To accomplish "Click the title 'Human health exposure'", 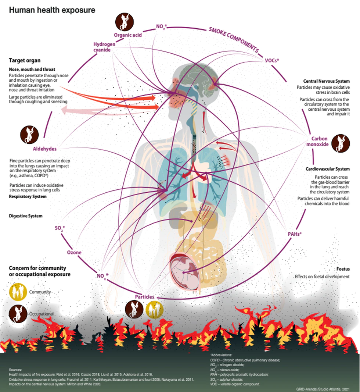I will [52, 10].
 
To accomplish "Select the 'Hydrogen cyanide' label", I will [104, 47].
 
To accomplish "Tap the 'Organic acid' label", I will [127, 35].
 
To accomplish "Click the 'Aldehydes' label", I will [44, 149].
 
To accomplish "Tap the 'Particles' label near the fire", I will [144, 297].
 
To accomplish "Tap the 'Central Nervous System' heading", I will [326, 81].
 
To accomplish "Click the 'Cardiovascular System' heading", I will [327, 169].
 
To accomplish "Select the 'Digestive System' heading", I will [26, 216].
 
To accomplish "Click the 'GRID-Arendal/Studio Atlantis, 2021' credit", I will [325, 388].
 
